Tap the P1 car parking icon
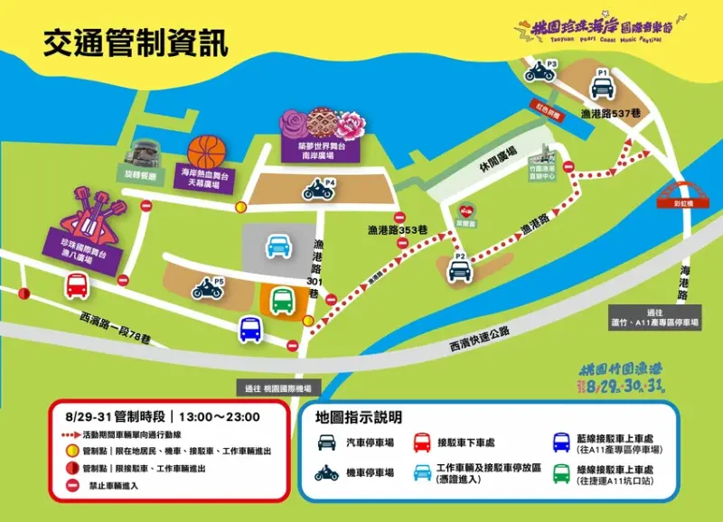pyautogui.click(x=602, y=87)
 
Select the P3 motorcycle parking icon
pyautogui.click(x=540, y=73)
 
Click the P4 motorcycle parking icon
pyautogui.click(x=318, y=191)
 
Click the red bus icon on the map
pyautogui.click(x=77, y=286)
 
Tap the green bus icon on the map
pyautogui.click(x=282, y=300)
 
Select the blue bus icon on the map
pyautogui.click(x=250, y=330)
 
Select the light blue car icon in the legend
pyautogui.click(x=422, y=472)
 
